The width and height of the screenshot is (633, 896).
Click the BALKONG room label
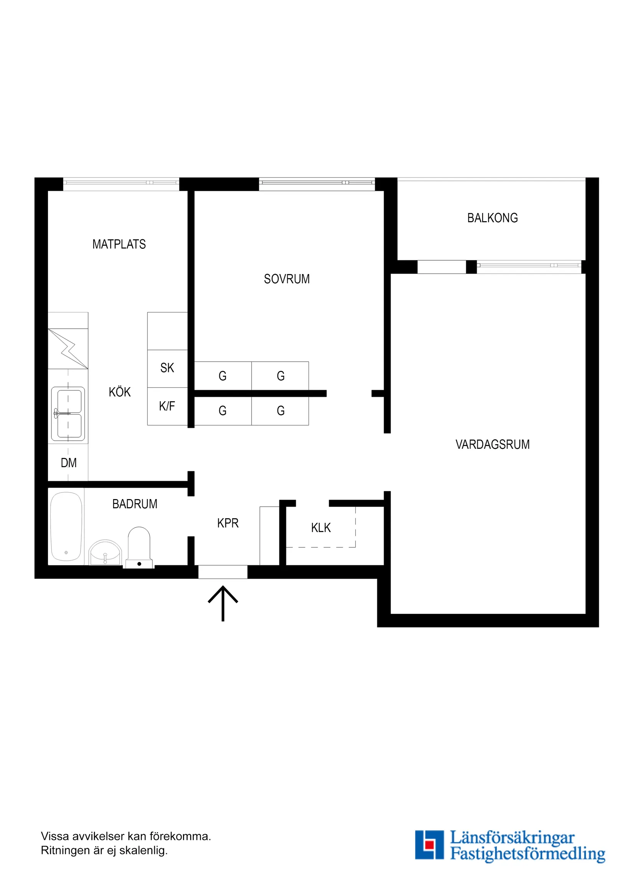(492, 218)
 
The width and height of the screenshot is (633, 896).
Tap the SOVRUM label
(287, 279)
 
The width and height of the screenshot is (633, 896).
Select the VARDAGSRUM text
(492, 445)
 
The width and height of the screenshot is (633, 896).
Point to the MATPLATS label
(119, 244)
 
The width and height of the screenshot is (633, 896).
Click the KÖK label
(120, 392)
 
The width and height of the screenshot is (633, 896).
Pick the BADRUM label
(135, 504)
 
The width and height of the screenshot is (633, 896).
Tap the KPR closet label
(228, 523)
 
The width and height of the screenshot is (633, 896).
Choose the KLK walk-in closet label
(321, 527)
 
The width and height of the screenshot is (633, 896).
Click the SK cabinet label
(167, 368)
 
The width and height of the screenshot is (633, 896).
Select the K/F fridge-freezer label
(167, 406)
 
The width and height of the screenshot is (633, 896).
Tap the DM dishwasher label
(69, 463)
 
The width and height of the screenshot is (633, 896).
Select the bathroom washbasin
(105, 552)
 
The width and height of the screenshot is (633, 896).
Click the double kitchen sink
(68, 414)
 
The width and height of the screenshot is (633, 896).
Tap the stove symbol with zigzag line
(68, 349)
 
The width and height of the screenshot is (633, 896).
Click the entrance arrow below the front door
(223, 603)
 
